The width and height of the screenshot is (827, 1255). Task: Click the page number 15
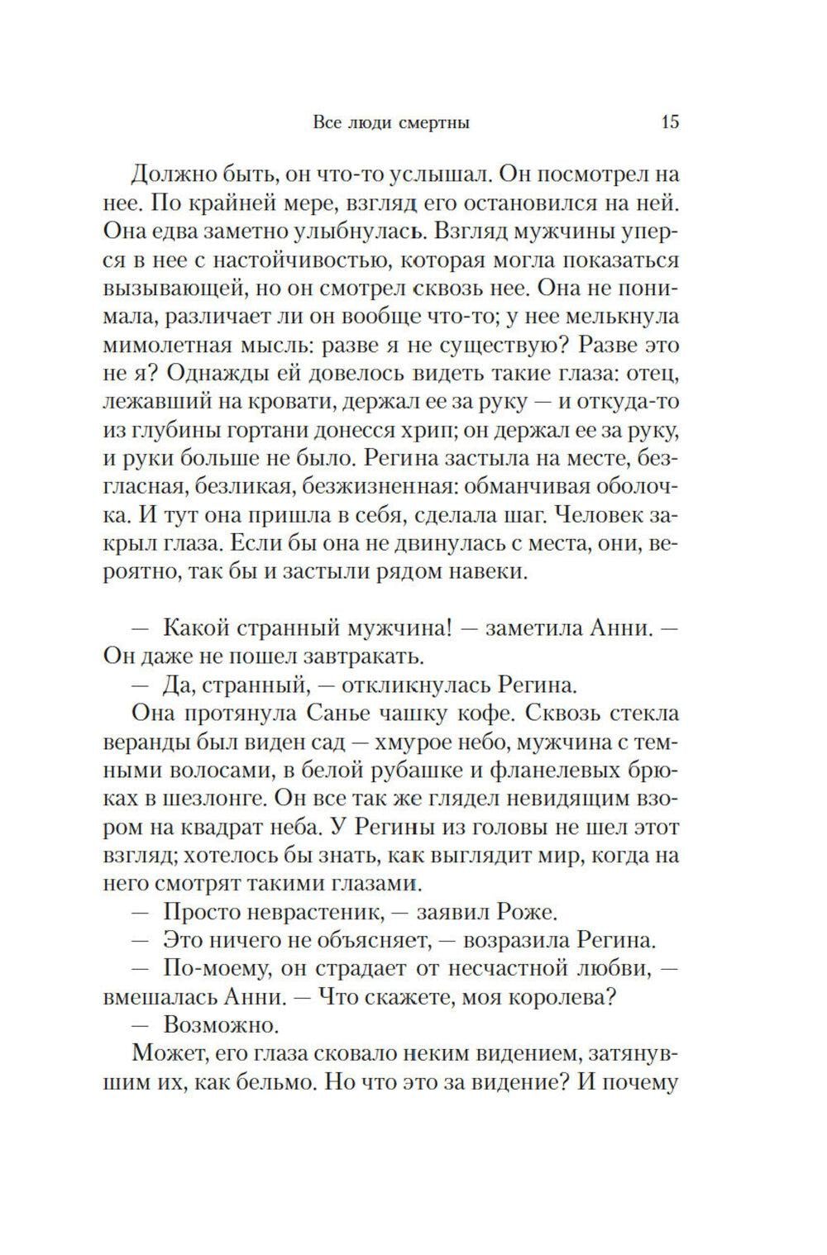670,122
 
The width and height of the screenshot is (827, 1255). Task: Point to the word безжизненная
398,488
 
